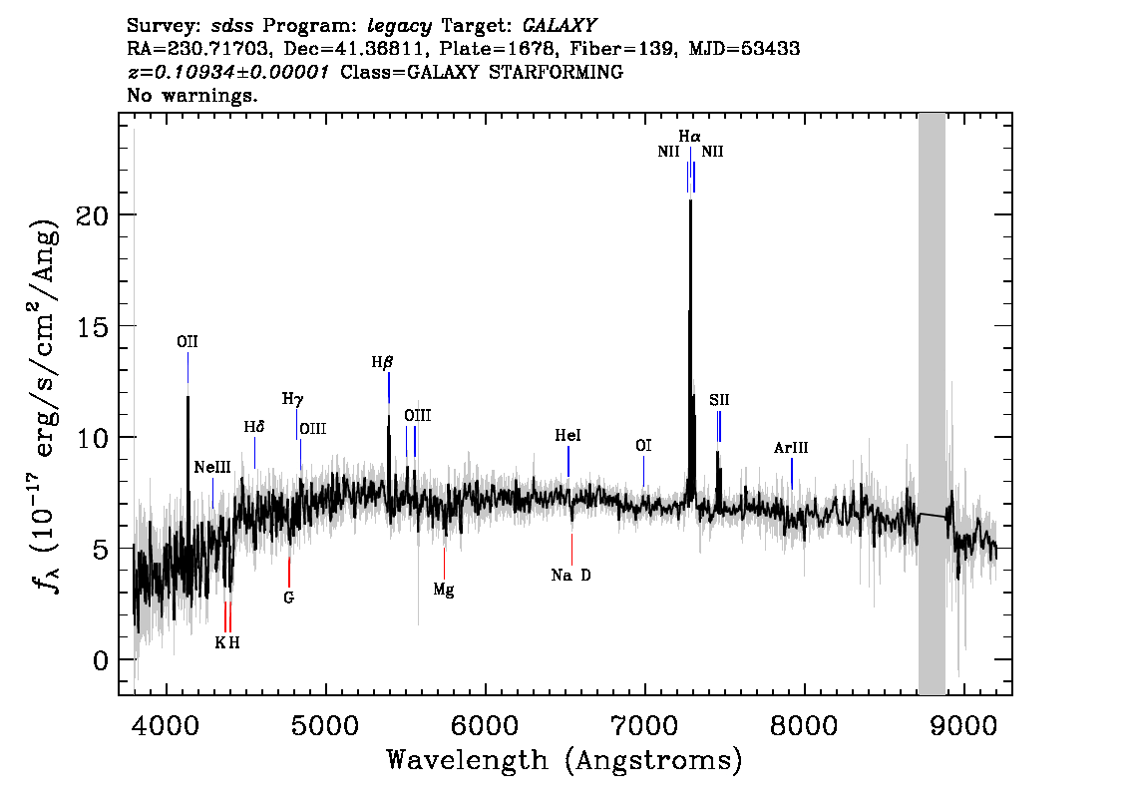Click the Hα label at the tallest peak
tap(689, 136)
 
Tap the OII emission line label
tap(188, 342)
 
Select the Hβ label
tap(383, 363)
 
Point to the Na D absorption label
tap(570, 576)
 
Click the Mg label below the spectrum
tap(444, 591)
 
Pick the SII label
tap(719, 400)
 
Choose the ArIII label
tap(791, 449)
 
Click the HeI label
tap(567, 436)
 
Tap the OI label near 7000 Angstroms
tap(643, 446)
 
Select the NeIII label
tap(212, 467)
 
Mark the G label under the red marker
tap(289, 599)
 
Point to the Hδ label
tap(254, 427)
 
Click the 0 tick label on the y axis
tap(97, 660)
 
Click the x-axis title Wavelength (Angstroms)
tap(565, 762)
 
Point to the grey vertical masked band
tap(932, 399)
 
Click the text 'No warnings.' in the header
tap(193, 97)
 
